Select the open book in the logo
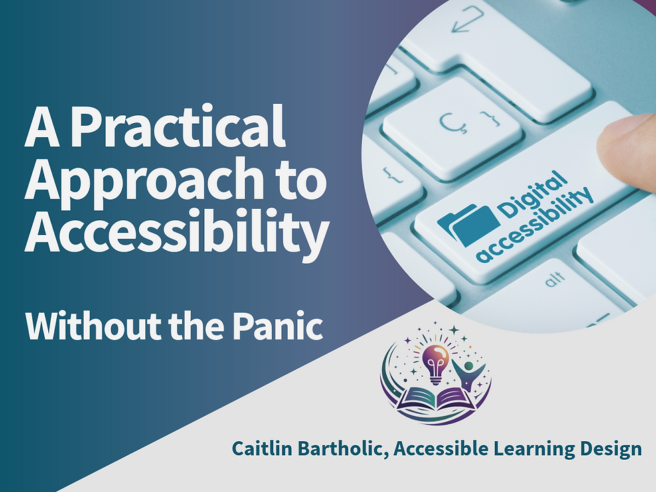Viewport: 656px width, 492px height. pyautogui.click(x=434, y=399)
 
